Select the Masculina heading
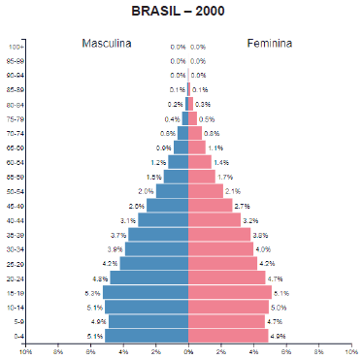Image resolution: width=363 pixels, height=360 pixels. pos(106,44)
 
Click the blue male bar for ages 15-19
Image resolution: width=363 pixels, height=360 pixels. pos(146,292)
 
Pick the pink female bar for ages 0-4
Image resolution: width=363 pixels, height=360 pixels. pos(227,336)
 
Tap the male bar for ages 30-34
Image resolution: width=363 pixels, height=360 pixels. pos(157,249)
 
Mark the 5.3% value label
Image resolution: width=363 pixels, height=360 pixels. pos(93,292)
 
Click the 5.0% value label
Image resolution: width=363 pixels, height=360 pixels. pos(279,307)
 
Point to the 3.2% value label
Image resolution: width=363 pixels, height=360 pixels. pos(250,220)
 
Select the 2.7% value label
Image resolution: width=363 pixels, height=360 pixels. pos(243,206)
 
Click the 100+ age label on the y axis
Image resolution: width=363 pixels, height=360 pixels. pos(16,47)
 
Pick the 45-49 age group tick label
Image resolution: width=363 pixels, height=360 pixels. pos(16,206)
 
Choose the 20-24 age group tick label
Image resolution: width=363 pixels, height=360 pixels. pos(16,278)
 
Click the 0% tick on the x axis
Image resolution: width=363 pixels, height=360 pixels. pos(188,351)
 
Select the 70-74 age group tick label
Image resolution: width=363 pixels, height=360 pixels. pos(16,133)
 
